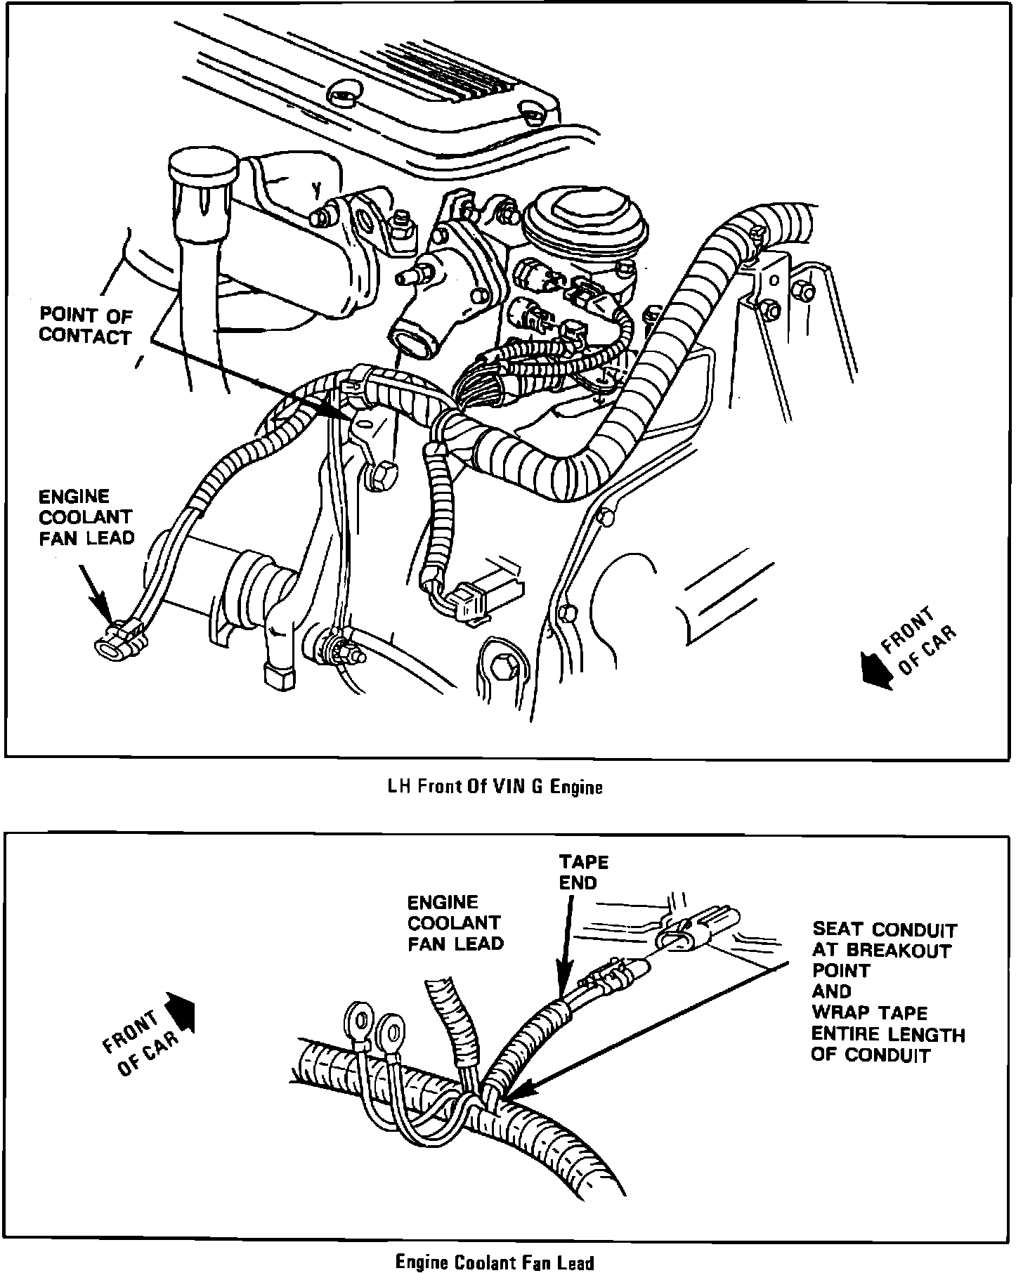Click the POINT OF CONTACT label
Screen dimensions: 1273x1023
point(85,325)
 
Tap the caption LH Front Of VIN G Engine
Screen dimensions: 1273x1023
point(495,787)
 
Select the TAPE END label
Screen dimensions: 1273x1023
point(583,872)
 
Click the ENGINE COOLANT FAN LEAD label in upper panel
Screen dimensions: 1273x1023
point(86,517)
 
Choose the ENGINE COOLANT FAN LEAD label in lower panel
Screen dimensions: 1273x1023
point(455,922)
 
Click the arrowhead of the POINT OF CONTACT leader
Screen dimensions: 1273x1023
point(337,410)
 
